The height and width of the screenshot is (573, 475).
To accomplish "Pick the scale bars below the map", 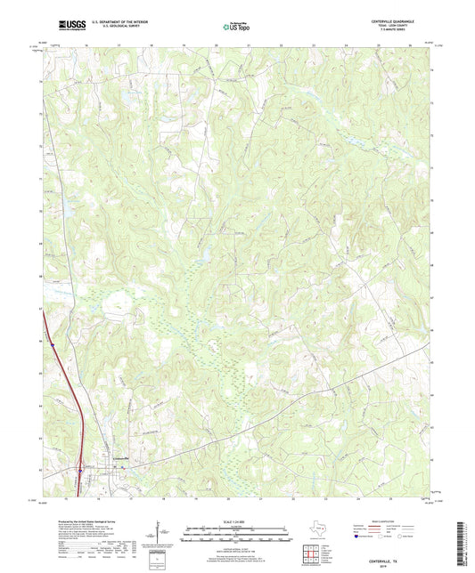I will click(x=236, y=534).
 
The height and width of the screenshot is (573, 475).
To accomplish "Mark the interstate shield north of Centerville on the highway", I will click(x=53, y=338).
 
